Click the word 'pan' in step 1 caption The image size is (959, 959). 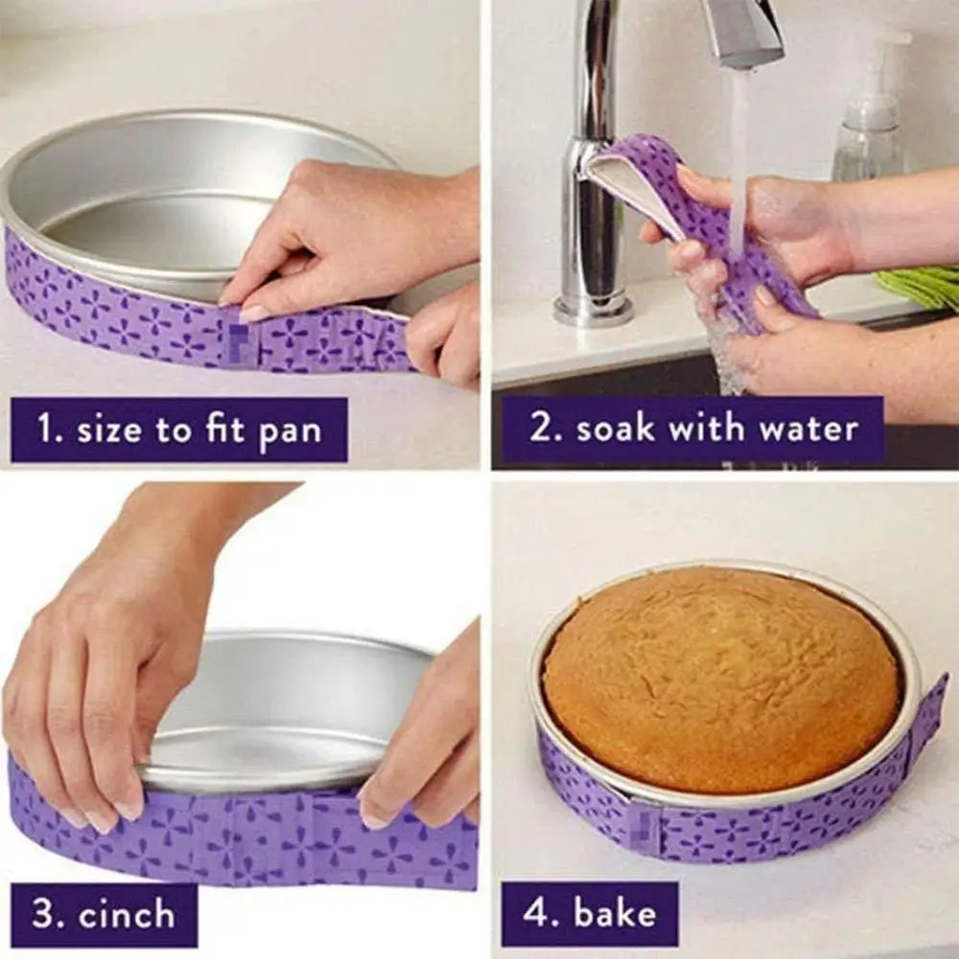290,432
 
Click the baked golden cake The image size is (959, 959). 719,676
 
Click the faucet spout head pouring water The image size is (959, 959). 743,34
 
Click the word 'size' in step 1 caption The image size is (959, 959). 108,430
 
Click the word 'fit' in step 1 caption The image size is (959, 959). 229,430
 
